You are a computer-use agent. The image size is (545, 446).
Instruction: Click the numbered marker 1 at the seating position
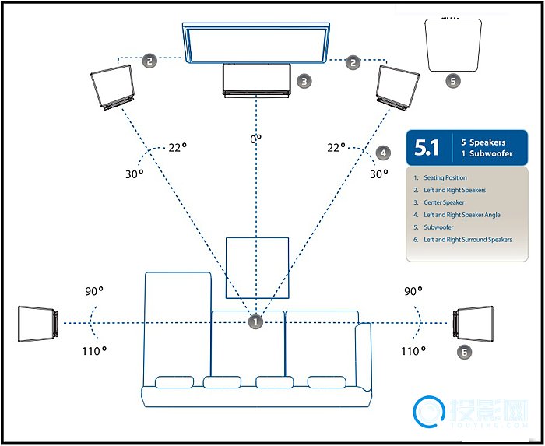(255, 321)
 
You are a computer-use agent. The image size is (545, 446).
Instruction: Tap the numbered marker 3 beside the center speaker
(304, 80)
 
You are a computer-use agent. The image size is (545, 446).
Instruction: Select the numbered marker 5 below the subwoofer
(453, 80)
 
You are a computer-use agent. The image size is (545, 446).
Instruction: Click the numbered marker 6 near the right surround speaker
(464, 352)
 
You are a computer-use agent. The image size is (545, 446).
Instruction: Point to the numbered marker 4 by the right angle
(381, 153)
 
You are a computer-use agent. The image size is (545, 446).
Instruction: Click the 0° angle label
(255, 139)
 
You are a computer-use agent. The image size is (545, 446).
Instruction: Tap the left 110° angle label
(93, 351)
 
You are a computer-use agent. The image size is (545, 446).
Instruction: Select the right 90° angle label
(413, 291)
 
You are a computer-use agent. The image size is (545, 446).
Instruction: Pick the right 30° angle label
(378, 174)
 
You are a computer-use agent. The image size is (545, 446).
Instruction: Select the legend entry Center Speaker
(444, 202)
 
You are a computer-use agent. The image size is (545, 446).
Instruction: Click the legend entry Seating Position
(445, 178)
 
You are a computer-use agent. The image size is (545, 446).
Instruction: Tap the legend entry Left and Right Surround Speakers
(468, 240)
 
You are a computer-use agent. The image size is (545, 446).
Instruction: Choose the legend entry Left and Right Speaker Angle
(462, 215)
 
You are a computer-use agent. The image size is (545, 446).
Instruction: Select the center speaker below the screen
(256, 80)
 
